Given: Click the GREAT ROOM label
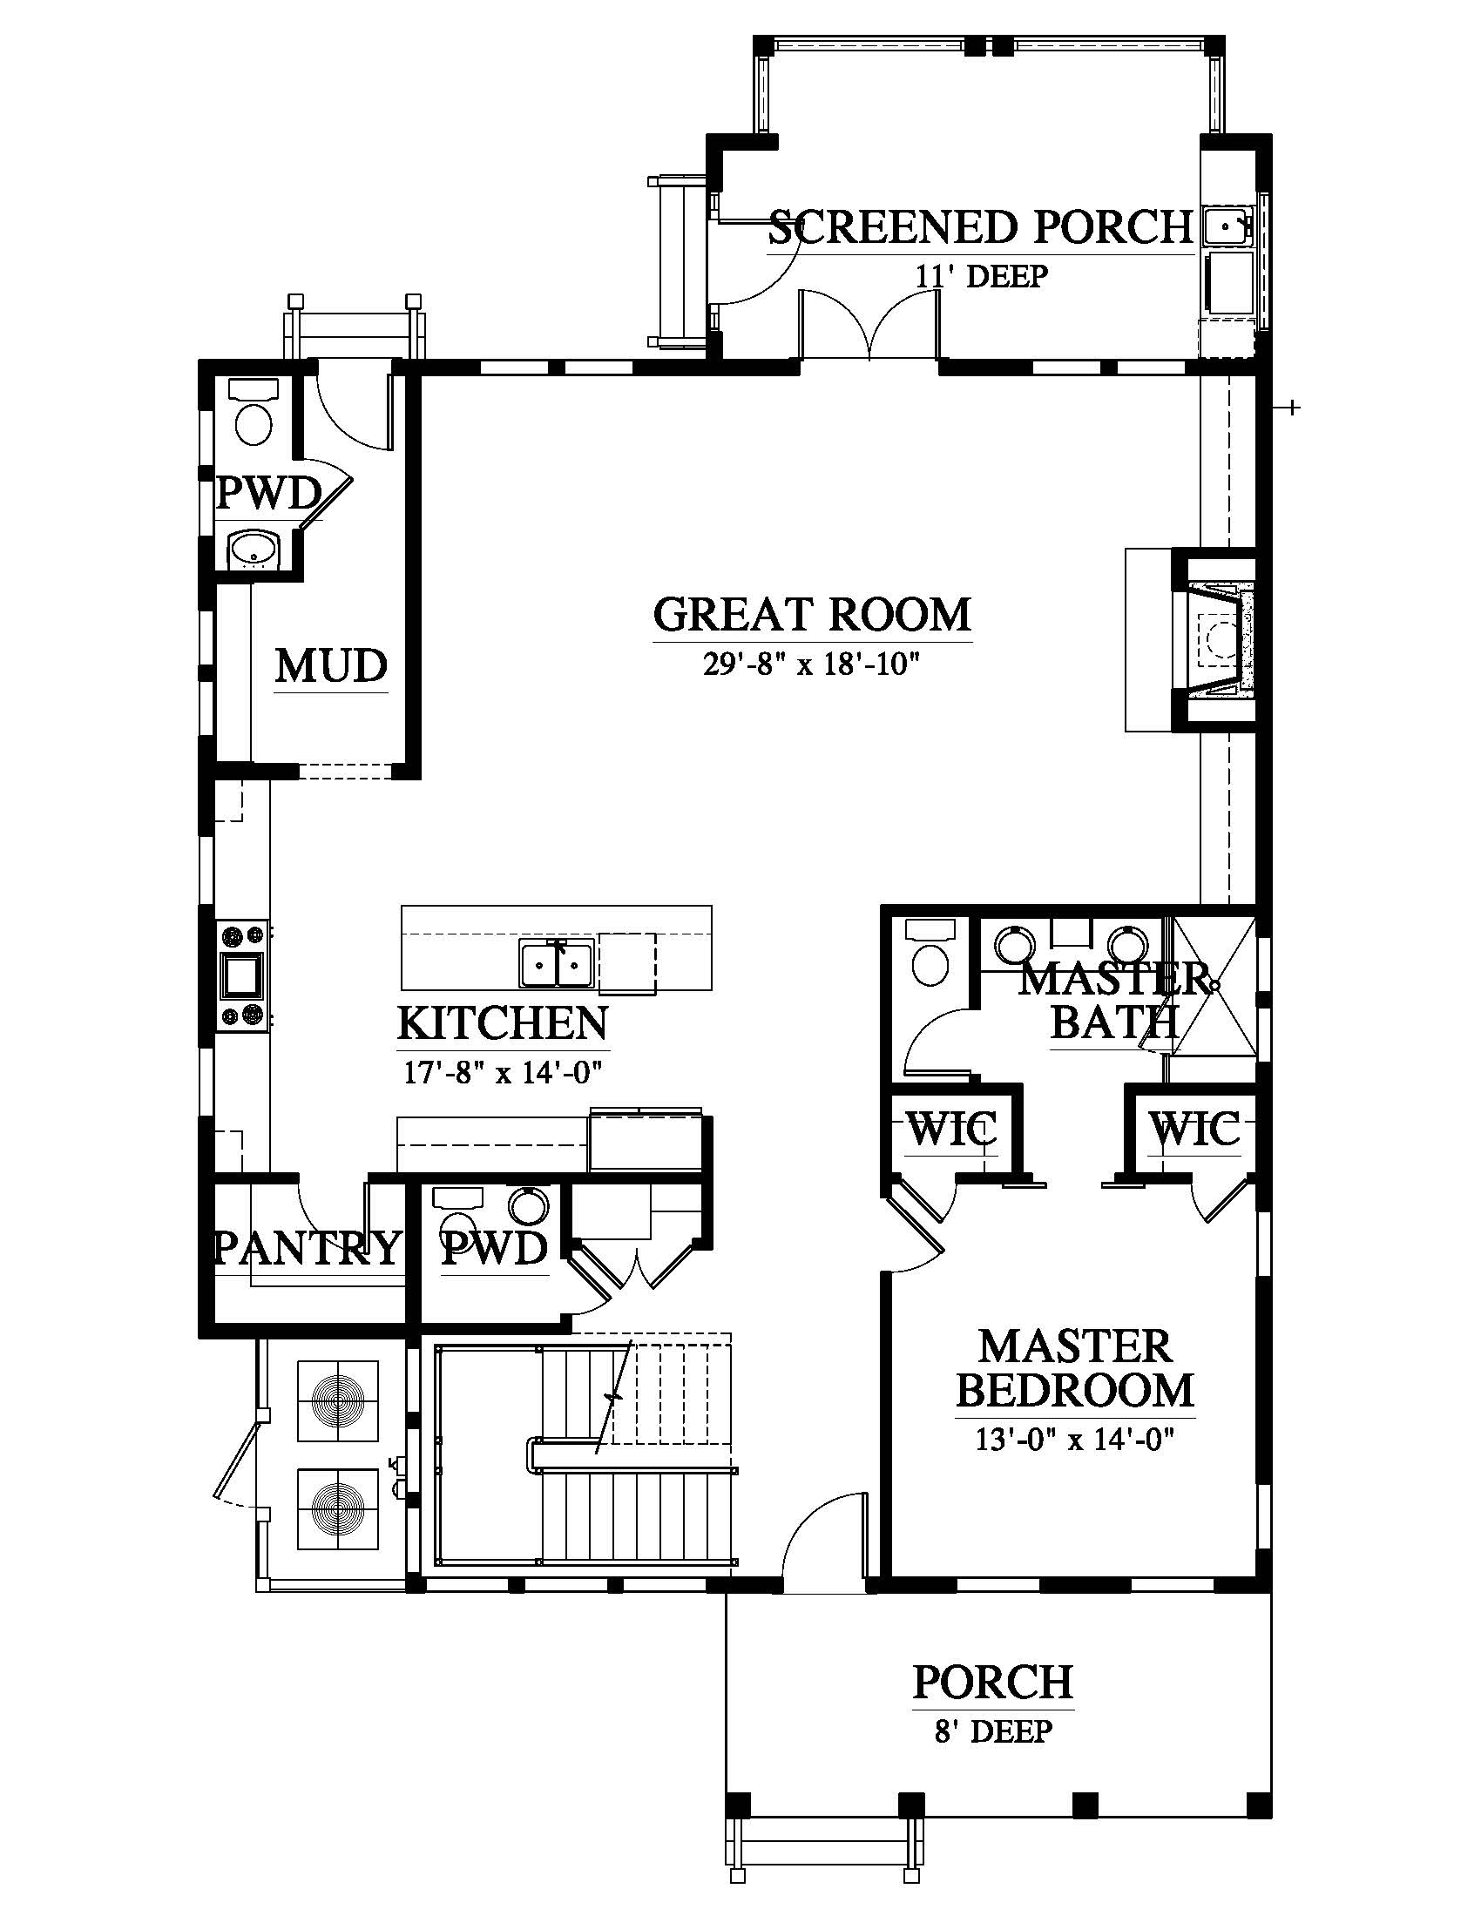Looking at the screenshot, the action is [x=813, y=614].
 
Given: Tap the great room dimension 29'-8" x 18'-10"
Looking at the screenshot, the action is [x=811, y=665].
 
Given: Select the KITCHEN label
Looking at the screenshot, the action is [x=503, y=1023].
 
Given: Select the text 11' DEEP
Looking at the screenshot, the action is [x=982, y=276].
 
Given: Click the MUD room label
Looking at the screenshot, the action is [x=331, y=666].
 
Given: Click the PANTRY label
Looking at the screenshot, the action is [x=306, y=1246].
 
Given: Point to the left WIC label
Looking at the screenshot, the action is [x=952, y=1129].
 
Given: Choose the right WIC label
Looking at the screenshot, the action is [x=1195, y=1129].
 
